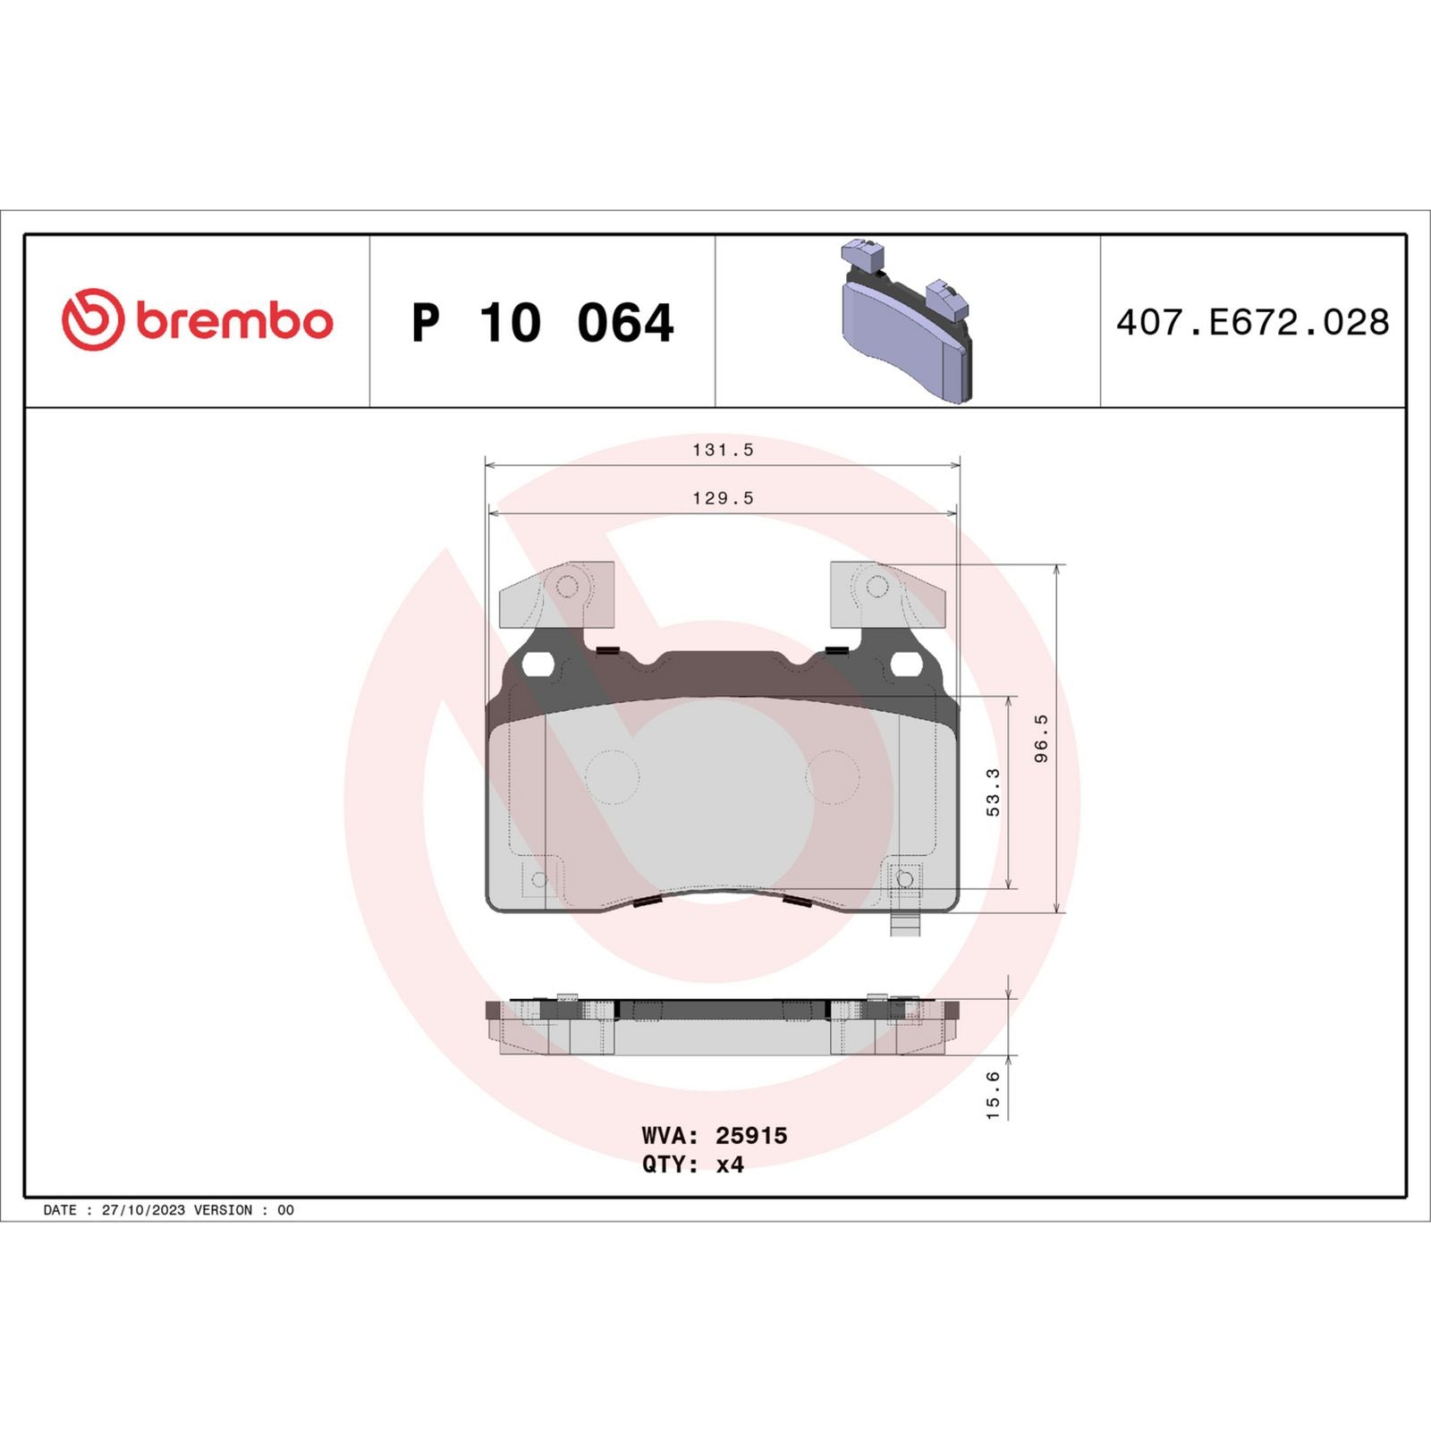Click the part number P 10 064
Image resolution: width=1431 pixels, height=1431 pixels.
click(x=542, y=323)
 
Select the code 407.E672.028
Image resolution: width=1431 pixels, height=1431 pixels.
click(x=1252, y=323)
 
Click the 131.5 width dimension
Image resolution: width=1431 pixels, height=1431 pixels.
click(x=723, y=450)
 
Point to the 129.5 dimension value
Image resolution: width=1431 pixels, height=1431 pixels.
click(x=723, y=498)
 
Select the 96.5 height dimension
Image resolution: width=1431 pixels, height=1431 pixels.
click(x=1041, y=738)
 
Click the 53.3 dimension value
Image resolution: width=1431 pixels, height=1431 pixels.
click(x=993, y=792)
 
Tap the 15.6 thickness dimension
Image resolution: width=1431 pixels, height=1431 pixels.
click(x=993, y=1095)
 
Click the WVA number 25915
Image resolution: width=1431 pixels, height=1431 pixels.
click(x=751, y=1136)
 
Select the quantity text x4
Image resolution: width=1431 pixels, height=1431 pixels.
click(x=730, y=1164)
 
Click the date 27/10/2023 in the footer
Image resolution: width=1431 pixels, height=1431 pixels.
click(x=143, y=1210)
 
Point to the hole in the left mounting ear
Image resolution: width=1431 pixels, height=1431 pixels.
click(x=567, y=587)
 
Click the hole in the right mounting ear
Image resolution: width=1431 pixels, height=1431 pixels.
click(x=877, y=587)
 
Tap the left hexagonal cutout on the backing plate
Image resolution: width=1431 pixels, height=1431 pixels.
click(x=538, y=665)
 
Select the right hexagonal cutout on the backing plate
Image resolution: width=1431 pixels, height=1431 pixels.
click(x=906, y=665)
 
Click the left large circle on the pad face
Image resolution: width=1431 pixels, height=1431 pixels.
click(x=612, y=776)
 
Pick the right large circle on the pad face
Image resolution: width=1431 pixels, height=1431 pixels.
click(x=832, y=776)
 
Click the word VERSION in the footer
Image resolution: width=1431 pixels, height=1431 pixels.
click(x=223, y=1210)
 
